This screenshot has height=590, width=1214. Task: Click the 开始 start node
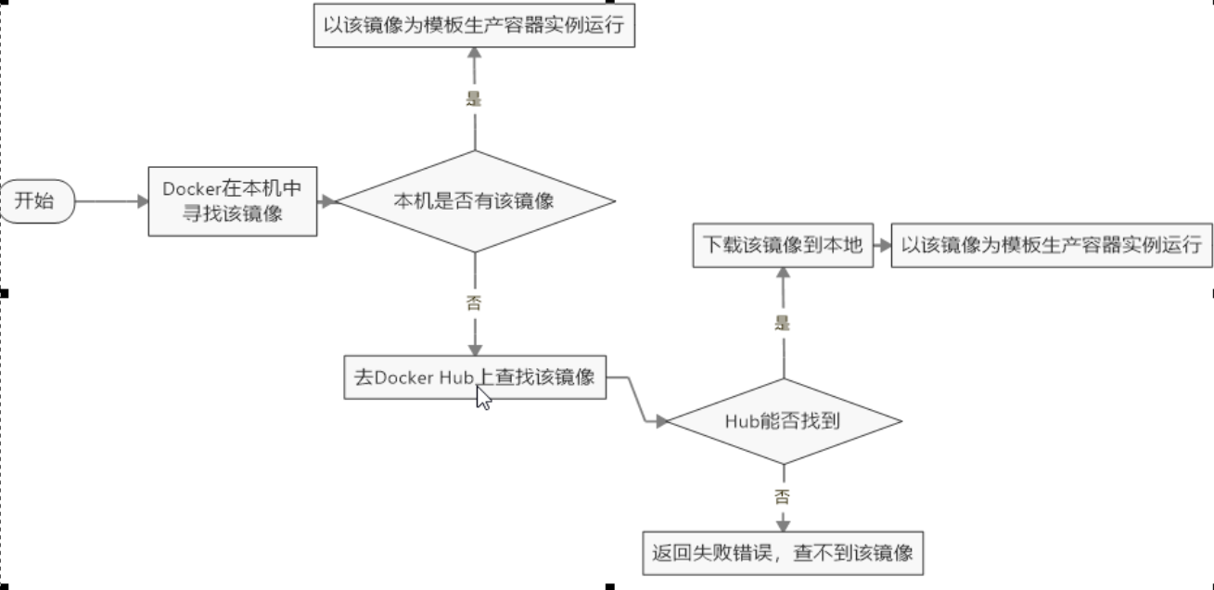pos(35,200)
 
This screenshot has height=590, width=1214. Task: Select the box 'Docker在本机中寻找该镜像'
pos(232,201)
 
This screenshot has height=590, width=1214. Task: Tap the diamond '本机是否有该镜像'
pos(475,200)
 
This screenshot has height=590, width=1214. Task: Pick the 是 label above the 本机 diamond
pos(474,99)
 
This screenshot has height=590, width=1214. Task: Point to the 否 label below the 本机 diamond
pos(474,302)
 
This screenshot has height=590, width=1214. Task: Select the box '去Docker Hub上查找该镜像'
pos(475,378)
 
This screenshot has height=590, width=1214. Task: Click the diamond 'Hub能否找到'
pos(784,421)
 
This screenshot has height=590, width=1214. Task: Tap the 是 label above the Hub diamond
pos(783,323)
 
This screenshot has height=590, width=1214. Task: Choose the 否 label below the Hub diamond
pos(783,496)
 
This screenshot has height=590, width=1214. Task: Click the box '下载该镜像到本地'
pos(784,245)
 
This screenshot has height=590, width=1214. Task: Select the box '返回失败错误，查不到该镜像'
pos(784,553)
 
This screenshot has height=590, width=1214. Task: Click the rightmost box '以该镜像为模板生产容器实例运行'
pos(1051,245)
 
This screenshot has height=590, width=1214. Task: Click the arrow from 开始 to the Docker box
pos(110,200)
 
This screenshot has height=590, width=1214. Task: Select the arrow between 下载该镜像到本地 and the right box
pos(882,246)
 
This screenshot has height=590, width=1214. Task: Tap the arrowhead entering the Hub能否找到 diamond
pos(662,421)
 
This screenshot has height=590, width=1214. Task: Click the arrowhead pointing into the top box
pos(474,54)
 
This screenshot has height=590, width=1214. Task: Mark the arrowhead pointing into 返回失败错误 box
pos(783,524)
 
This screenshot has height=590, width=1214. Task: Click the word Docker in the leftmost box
pos(189,188)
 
